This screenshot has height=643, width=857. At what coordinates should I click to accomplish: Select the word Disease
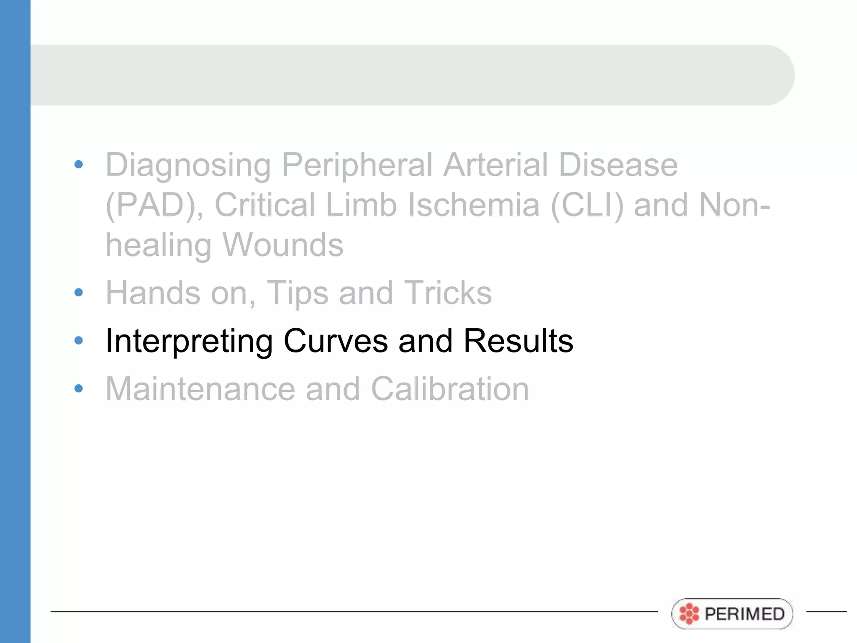pos(618,165)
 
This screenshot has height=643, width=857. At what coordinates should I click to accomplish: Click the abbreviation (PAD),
pos(154,206)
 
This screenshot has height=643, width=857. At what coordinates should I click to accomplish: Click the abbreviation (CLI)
pos(587,206)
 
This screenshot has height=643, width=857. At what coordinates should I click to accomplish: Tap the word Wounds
pos(282,245)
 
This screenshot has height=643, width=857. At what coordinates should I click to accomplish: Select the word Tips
pos(298,293)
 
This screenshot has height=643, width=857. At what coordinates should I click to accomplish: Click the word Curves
pos(336,341)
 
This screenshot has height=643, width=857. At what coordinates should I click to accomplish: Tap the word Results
pos(518,341)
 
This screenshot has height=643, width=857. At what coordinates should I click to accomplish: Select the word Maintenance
pos(200,389)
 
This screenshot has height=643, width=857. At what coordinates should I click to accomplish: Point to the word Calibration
pos(450,389)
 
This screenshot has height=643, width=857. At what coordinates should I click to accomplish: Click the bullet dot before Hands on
pos(79,292)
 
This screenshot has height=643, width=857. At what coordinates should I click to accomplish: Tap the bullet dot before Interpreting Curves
pos(79,340)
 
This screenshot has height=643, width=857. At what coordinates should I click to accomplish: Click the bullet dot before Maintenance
pos(79,388)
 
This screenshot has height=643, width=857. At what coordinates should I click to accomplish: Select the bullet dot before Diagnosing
pos(79,164)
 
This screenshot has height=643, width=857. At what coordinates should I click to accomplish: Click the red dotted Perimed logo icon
pos(689,614)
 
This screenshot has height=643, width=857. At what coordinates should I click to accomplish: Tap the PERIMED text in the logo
pos(744,614)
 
